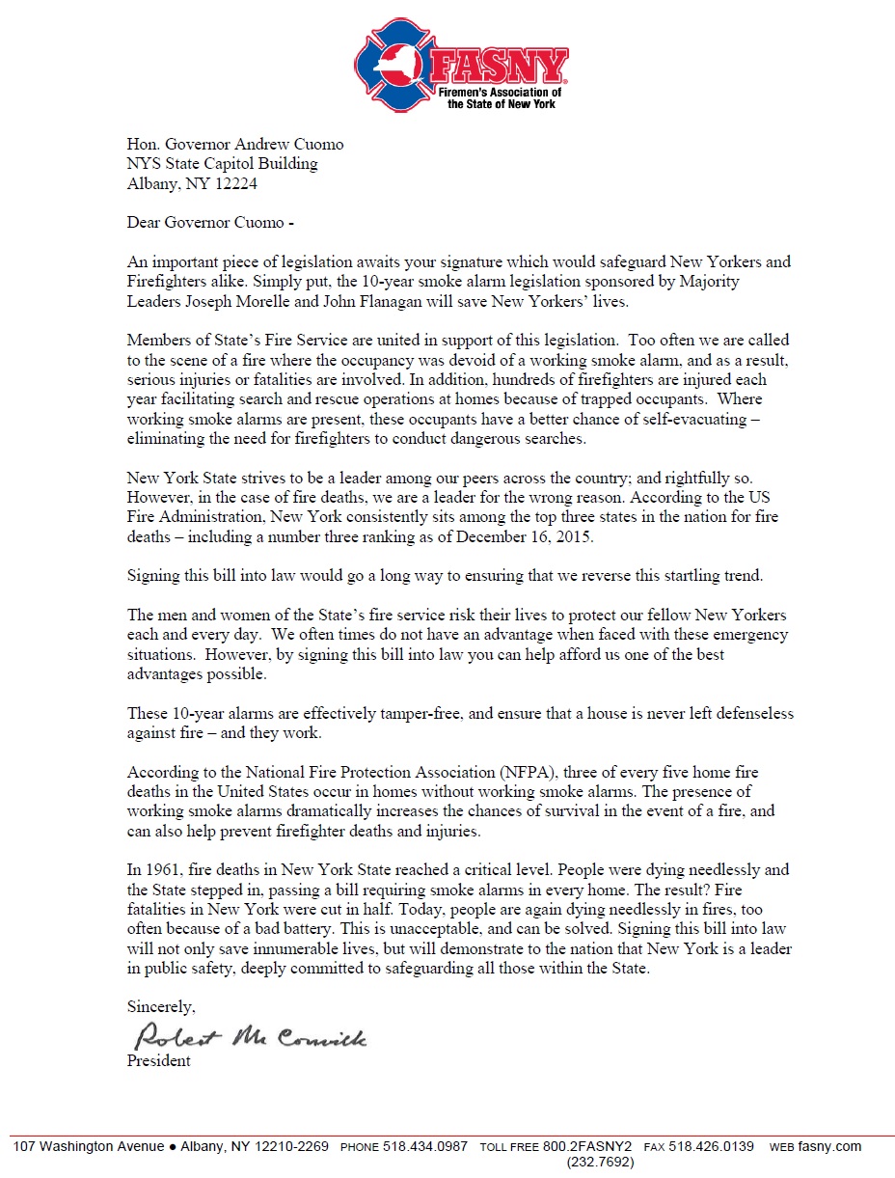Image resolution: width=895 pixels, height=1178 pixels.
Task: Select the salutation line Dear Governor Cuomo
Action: pos(207,222)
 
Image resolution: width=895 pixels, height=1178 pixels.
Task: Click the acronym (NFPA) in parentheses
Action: pos(524,773)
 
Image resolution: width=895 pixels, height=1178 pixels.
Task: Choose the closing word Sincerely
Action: pos(161,1007)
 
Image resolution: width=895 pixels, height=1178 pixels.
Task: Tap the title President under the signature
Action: pos(159,1061)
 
